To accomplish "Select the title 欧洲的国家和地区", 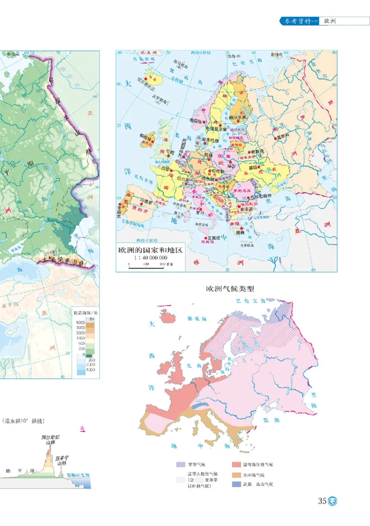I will tap(150, 251).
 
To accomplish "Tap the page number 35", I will tap(322, 502).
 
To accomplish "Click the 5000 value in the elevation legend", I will tap(80, 322).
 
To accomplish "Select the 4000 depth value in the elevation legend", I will tap(90, 370).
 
